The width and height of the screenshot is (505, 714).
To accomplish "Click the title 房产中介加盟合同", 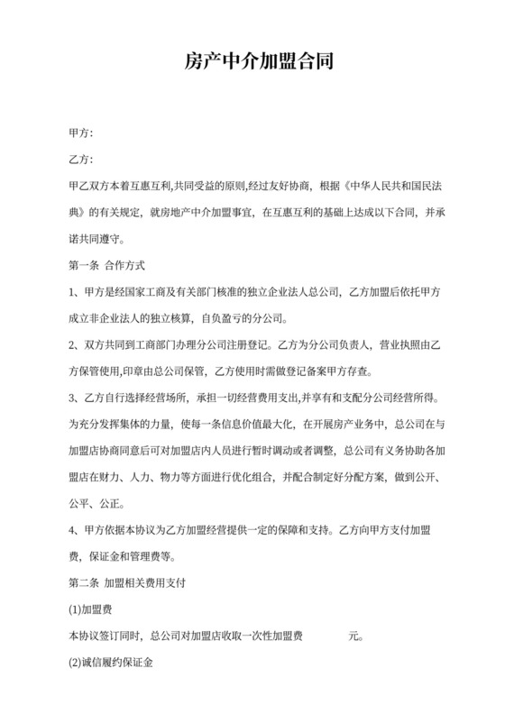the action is [x=252, y=62].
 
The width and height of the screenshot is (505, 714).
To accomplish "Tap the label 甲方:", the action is [x=81, y=133].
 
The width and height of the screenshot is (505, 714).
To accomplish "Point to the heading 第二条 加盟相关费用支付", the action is [x=127, y=582].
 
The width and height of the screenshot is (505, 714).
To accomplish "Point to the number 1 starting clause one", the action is [x=72, y=292].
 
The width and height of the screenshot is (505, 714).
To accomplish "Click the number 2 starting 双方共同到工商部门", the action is [x=72, y=345].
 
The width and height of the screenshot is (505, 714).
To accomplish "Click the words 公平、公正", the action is [x=103, y=504].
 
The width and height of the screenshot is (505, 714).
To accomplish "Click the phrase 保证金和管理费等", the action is [x=130, y=556].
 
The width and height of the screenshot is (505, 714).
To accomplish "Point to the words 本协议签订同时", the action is [x=106, y=636].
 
